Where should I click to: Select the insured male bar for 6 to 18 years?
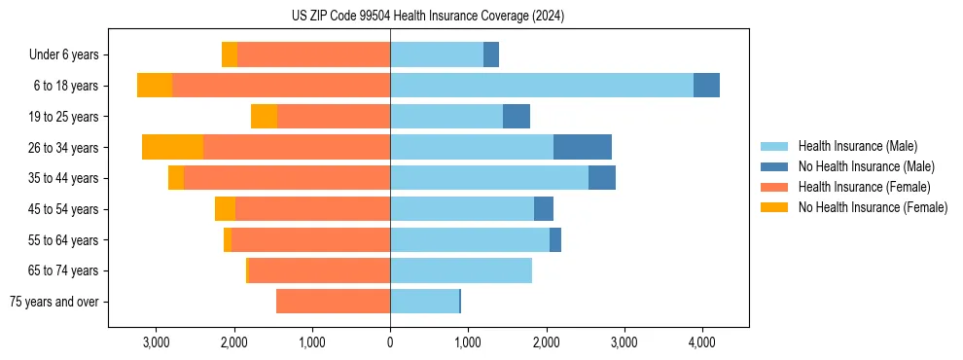pos(542,86)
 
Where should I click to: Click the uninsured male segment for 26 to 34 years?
pos(583,147)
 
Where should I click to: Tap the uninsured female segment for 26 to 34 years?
pos(172,147)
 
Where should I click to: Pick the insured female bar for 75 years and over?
pos(333,302)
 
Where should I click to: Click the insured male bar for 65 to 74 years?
pos(461,270)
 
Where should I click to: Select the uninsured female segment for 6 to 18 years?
pos(155,86)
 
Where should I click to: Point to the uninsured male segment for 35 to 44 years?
pos(602,178)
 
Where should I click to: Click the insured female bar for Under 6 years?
pos(313,54)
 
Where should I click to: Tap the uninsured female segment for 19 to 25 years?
pos(264,117)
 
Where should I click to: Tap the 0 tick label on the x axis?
pos(390,342)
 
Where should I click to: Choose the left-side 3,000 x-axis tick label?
pos(157,342)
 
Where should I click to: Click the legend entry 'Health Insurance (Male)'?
pos(857,146)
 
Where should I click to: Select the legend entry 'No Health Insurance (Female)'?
pos(873,207)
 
